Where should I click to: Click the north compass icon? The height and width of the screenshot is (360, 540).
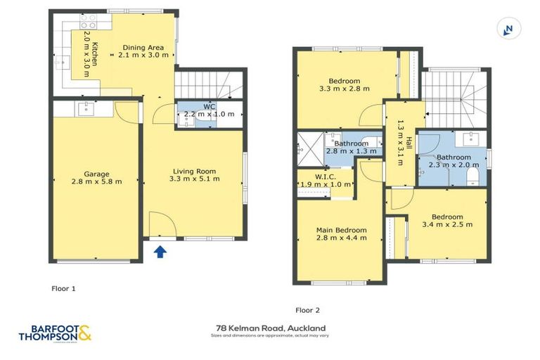click(507, 29)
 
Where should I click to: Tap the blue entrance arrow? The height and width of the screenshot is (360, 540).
click(160, 251)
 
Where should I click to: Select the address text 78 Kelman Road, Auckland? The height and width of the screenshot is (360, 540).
click(270, 328)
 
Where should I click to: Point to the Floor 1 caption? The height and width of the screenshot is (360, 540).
click(63, 288)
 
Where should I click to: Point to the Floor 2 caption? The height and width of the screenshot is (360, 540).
click(307, 309)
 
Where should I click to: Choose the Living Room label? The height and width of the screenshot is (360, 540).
click(195, 174)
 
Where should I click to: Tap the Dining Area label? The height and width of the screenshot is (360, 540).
click(143, 51)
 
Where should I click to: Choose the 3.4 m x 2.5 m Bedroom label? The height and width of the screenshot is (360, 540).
click(447, 221)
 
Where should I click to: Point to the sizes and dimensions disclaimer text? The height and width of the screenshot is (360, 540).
click(270, 336)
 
